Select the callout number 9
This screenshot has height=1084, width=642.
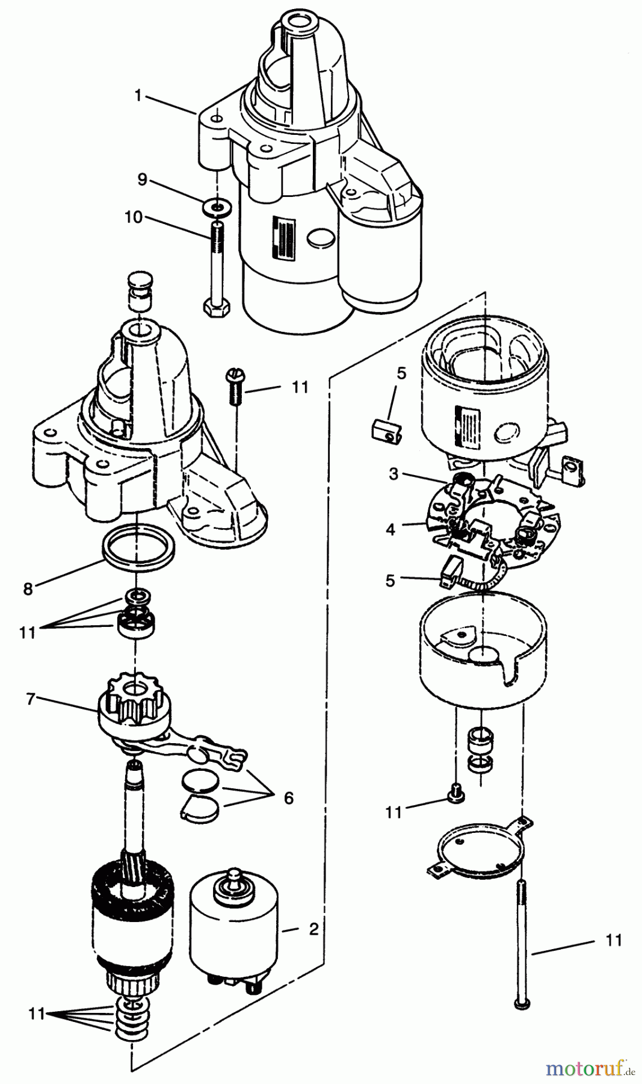pos(142,179)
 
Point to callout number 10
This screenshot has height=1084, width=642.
pos(134,217)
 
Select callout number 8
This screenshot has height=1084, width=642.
pos(28,588)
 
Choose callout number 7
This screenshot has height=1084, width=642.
pos(30,699)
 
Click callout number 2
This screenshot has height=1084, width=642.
pos(313,929)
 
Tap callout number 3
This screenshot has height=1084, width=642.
pos(394,474)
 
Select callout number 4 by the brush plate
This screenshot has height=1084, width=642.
pos(391,529)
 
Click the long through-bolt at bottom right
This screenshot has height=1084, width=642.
pos(521,952)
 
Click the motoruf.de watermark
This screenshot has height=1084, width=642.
pos(590,1069)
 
